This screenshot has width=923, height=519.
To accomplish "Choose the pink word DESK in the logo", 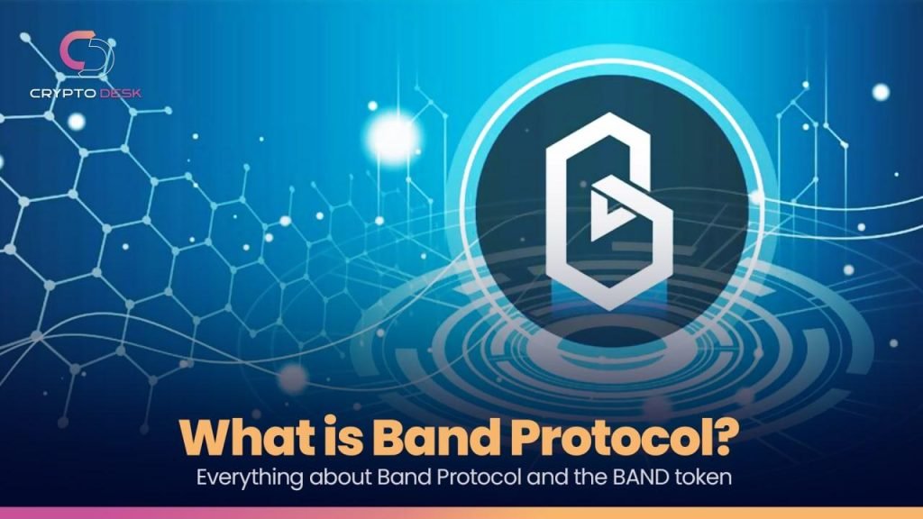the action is pyautogui.click(x=121, y=93).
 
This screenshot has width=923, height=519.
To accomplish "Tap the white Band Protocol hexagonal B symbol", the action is pyautogui.click(x=608, y=211).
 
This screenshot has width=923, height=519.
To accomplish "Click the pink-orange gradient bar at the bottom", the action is pyautogui.click(x=461, y=513).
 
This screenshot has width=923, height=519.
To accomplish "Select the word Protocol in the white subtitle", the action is pyautogui.click(x=479, y=477).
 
